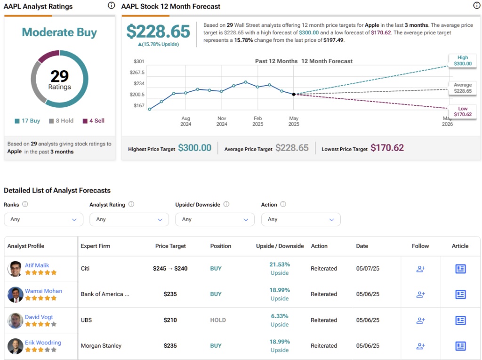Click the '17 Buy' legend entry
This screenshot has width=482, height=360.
click(27, 121)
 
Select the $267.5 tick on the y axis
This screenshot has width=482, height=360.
click(137, 72)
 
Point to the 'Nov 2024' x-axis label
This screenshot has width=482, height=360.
click(222, 121)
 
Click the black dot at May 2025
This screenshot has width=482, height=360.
click(294, 94)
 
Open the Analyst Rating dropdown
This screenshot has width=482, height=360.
click(129, 219)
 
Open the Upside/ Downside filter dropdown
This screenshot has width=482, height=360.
click(215, 219)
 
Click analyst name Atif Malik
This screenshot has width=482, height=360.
click(37, 265)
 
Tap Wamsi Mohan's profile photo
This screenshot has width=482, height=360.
click(15, 295)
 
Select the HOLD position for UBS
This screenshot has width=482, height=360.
click(218, 320)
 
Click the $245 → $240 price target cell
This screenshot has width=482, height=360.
click(170, 269)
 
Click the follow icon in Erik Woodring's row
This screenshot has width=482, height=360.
click(420, 346)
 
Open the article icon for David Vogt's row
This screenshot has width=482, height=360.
click(460, 320)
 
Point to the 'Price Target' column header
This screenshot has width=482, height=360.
click(170, 246)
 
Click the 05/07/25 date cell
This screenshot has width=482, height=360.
click(368, 269)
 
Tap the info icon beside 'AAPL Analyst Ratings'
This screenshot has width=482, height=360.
click(111, 6)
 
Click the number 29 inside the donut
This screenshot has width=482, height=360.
click(60, 76)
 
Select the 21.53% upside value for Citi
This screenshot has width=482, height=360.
click(280, 265)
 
